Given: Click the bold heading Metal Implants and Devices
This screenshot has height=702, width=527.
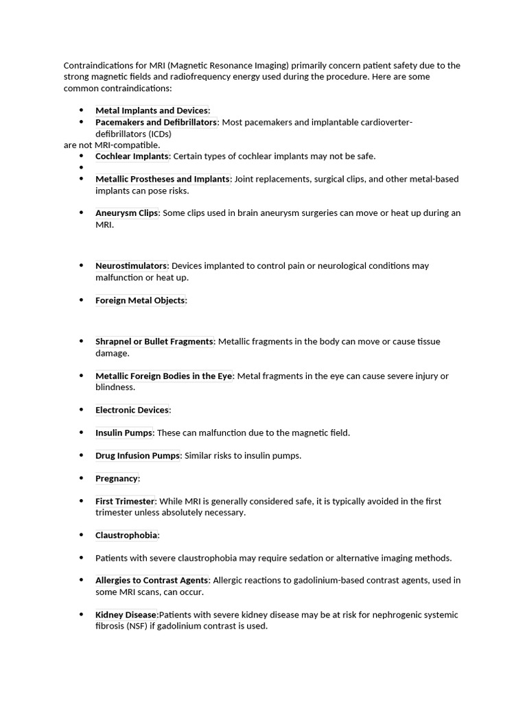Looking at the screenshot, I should [x=151, y=110].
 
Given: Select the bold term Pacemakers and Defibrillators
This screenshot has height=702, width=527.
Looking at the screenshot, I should [x=156, y=122].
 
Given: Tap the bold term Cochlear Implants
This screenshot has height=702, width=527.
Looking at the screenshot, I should [x=132, y=156].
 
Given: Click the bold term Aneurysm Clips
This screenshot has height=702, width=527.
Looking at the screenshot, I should [x=126, y=213].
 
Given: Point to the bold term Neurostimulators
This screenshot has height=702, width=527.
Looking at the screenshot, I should [x=131, y=266].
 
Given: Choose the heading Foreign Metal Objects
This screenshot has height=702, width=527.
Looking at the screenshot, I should [x=140, y=300].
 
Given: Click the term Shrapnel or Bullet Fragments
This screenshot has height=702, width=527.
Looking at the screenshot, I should [x=154, y=341].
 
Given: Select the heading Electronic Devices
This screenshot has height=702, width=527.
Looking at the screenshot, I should [x=132, y=410].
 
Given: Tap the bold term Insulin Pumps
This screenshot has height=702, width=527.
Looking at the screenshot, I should [x=124, y=433].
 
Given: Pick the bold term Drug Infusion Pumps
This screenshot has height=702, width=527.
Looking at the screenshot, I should [x=137, y=456].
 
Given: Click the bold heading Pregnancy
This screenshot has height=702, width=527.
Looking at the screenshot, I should [x=117, y=479].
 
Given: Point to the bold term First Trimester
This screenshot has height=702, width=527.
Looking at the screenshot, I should [x=125, y=501].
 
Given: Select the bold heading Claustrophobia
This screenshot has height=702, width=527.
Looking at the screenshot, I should [x=126, y=535].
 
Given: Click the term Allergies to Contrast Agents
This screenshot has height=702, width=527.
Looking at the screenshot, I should [x=152, y=581].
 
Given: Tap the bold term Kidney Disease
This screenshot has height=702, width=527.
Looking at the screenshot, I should [x=126, y=615].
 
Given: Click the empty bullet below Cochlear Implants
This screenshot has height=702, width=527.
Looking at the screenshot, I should [x=81, y=167].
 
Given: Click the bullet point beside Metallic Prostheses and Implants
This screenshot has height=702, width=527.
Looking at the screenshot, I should [x=81, y=179].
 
